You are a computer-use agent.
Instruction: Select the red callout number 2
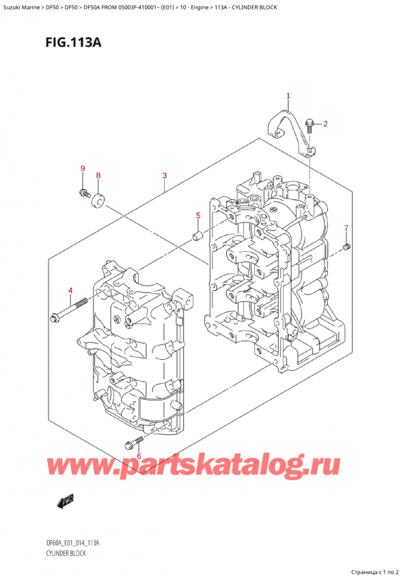pyautogui.click(x=325, y=124)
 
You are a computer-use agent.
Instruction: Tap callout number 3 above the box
pyautogui.click(x=165, y=176)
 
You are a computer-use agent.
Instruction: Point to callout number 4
pyautogui.click(x=70, y=292)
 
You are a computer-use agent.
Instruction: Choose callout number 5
pyautogui.click(x=198, y=216)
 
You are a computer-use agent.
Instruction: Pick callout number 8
pyautogui.click(x=98, y=175)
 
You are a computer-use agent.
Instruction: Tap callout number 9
pyautogui.click(x=83, y=169)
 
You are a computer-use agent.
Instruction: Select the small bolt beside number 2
pyautogui.click(x=310, y=126)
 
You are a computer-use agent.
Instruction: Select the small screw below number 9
pyautogui.click(x=83, y=192)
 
